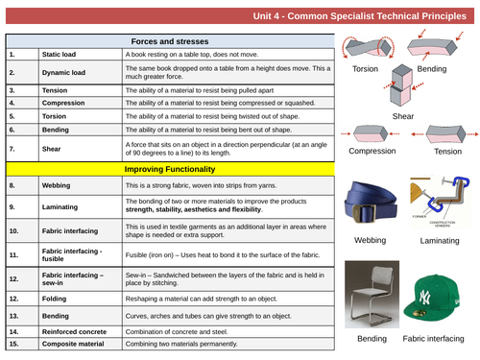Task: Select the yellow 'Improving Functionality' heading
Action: (x=169, y=169)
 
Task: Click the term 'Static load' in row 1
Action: (x=60, y=55)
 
